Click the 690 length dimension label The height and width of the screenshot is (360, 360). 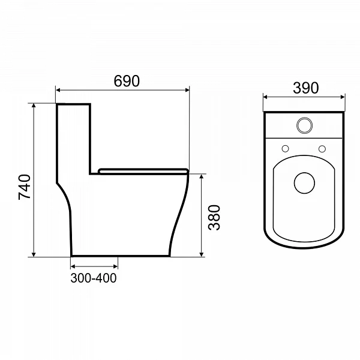pos(127,81)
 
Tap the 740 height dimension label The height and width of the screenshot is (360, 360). pos(25,187)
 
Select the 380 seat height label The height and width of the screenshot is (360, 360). pos(214,217)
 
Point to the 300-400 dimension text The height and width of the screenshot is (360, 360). pos(94,278)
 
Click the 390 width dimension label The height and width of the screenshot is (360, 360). pos(306,88)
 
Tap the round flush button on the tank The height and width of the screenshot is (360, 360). pos(304,125)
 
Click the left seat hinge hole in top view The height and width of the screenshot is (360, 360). pos(285,149)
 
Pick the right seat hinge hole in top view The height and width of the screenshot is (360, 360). pos(322,149)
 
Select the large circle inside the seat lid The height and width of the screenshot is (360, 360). pos(304,183)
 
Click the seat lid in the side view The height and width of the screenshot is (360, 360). pos(143,171)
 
